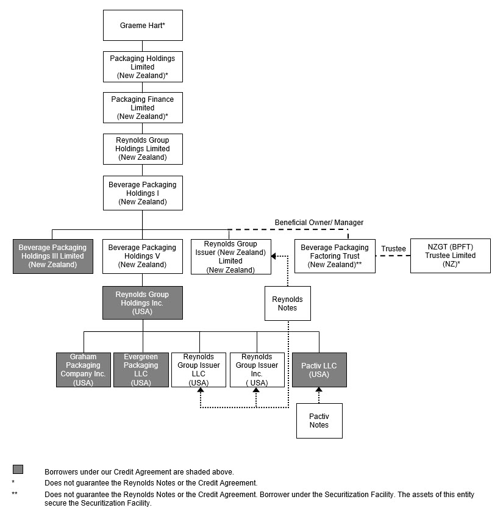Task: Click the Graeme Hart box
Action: click(143, 26)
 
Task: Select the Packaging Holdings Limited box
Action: click(143, 67)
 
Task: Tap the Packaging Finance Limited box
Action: click(143, 107)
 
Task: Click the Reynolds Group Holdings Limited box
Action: click(143, 149)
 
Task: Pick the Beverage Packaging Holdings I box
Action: click(143, 193)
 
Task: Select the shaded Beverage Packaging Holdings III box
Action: click(52, 256)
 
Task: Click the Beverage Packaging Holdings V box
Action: click(143, 256)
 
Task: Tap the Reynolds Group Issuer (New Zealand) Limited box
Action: click(230, 257)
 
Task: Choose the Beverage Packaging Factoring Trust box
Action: click(335, 256)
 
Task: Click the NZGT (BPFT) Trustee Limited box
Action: click(450, 256)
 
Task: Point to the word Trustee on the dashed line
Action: click(393, 249)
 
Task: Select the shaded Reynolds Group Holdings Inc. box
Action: click(143, 303)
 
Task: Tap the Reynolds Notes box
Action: click(287, 303)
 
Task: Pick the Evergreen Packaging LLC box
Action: click(141, 370)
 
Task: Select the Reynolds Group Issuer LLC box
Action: click(199, 370)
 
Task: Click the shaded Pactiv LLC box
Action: click(319, 370)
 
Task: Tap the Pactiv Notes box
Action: click(319, 420)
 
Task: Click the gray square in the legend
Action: click(18, 469)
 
